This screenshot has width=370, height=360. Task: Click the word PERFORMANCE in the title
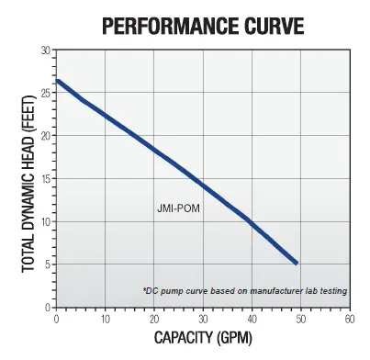(170, 26)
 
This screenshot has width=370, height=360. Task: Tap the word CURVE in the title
(274, 26)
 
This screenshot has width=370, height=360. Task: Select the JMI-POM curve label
(178, 208)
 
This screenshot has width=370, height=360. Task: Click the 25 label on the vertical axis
(45, 93)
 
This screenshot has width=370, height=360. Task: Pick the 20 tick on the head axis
(45, 136)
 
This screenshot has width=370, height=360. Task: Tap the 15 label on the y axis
(45, 179)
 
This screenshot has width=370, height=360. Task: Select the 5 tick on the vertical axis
(48, 264)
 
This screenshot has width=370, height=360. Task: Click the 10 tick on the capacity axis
(105, 320)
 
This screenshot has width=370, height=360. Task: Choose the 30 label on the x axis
(203, 320)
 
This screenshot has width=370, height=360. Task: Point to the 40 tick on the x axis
(252, 320)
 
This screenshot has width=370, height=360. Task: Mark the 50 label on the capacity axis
(301, 320)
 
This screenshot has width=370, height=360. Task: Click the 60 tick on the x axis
(350, 320)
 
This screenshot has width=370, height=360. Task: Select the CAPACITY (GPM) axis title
(203, 338)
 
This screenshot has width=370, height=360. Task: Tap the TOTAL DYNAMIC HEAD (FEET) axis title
(29, 184)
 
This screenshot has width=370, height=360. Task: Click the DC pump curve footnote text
(245, 291)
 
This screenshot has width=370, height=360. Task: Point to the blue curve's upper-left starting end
(57, 81)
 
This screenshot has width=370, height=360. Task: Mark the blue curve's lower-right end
(296, 263)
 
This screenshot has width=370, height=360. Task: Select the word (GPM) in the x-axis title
(234, 338)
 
